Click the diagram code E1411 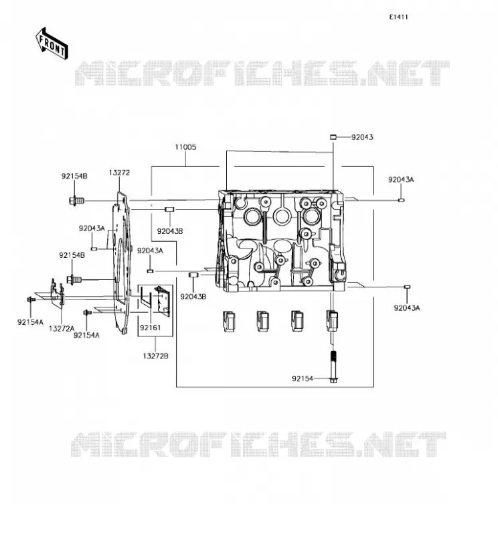pyautogui.click(x=399, y=17)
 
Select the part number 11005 pyautogui.click(x=185, y=147)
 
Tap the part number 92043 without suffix pyautogui.click(x=362, y=137)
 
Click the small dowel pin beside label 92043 pyautogui.click(x=333, y=137)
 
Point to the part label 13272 pyautogui.click(x=119, y=173)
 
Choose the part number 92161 pyautogui.click(x=150, y=328)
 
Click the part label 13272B pyautogui.click(x=155, y=356)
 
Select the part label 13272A pyautogui.click(x=62, y=328)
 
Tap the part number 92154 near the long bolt pyautogui.click(x=303, y=379)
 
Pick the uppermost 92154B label pyautogui.click(x=74, y=176)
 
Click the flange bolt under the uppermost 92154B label pyautogui.click(x=76, y=200)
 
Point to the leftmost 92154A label pyautogui.click(x=30, y=322)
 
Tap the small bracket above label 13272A pyautogui.click(x=57, y=291)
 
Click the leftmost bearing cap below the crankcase pyautogui.click(x=228, y=321)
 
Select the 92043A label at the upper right pyautogui.click(x=401, y=180)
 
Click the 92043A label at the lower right pyautogui.click(x=406, y=308)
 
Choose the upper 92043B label pyautogui.click(x=170, y=231)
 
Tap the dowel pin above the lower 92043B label pyautogui.click(x=193, y=275)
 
